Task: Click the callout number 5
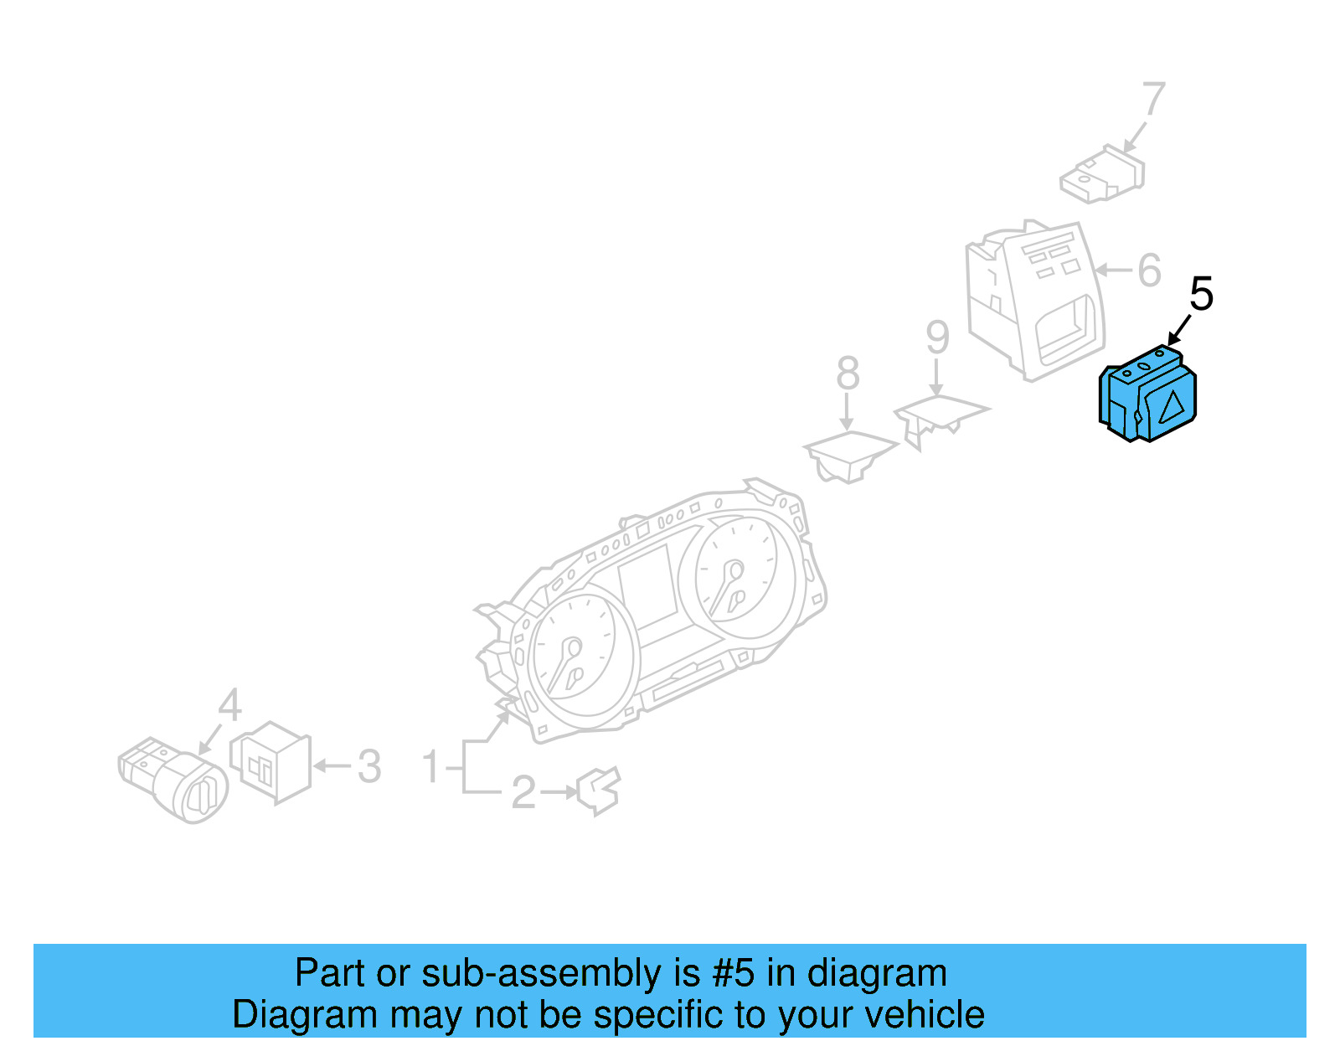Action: [x=1201, y=294]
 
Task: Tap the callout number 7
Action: [x=1153, y=99]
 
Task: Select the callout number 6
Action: [x=1149, y=270]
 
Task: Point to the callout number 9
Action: [x=937, y=338]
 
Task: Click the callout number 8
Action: [x=848, y=373]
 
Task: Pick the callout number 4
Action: [x=229, y=705]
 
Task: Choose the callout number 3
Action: [x=369, y=766]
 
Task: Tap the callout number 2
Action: [x=523, y=792]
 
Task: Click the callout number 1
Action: [x=430, y=767]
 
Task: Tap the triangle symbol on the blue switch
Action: [x=1171, y=406]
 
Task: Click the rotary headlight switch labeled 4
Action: [x=176, y=779]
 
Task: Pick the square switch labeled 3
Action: [x=271, y=761]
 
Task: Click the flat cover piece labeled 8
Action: [x=849, y=453]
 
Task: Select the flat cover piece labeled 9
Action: [x=939, y=415]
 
